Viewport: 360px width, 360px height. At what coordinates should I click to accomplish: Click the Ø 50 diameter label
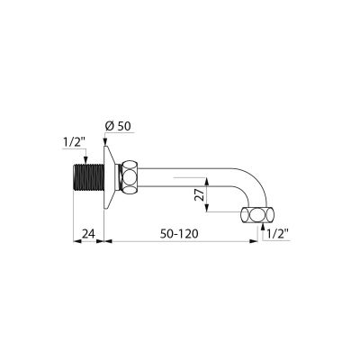pos(118,126)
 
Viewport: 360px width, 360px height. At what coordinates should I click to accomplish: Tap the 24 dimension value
pos(88,233)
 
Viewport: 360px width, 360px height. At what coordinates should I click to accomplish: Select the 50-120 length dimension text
pos(179,233)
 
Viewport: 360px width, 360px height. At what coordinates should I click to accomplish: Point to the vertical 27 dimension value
pos(200,194)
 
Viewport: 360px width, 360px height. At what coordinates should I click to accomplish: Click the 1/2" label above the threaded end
pos(74,142)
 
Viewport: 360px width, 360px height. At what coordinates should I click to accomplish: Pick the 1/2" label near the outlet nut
pos(277,233)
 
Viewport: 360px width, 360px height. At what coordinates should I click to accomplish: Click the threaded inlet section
pos(88,177)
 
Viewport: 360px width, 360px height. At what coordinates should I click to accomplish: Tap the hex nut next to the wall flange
pos(130,177)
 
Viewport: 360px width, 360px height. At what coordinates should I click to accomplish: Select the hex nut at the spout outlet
pos(257,215)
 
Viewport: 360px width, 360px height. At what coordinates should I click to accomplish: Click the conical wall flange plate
pos(110,177)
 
